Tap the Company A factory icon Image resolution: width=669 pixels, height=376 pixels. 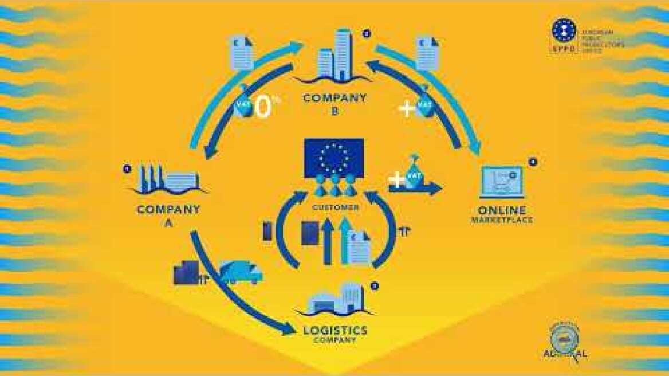(169, 181)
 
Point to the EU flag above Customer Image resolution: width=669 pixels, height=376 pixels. (333, 157)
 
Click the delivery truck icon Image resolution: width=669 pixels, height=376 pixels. (241, 272)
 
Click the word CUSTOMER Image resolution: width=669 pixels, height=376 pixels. (336, 207)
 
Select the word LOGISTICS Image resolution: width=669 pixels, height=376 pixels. (335, 331)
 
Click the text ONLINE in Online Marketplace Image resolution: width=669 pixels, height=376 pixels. (502, 210)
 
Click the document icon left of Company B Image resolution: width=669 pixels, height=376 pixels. (241, 53)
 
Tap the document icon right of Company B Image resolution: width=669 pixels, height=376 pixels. (428, 53)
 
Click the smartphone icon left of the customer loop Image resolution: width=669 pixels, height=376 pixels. (267, 231)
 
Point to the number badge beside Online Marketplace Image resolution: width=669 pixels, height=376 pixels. (533, 162)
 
